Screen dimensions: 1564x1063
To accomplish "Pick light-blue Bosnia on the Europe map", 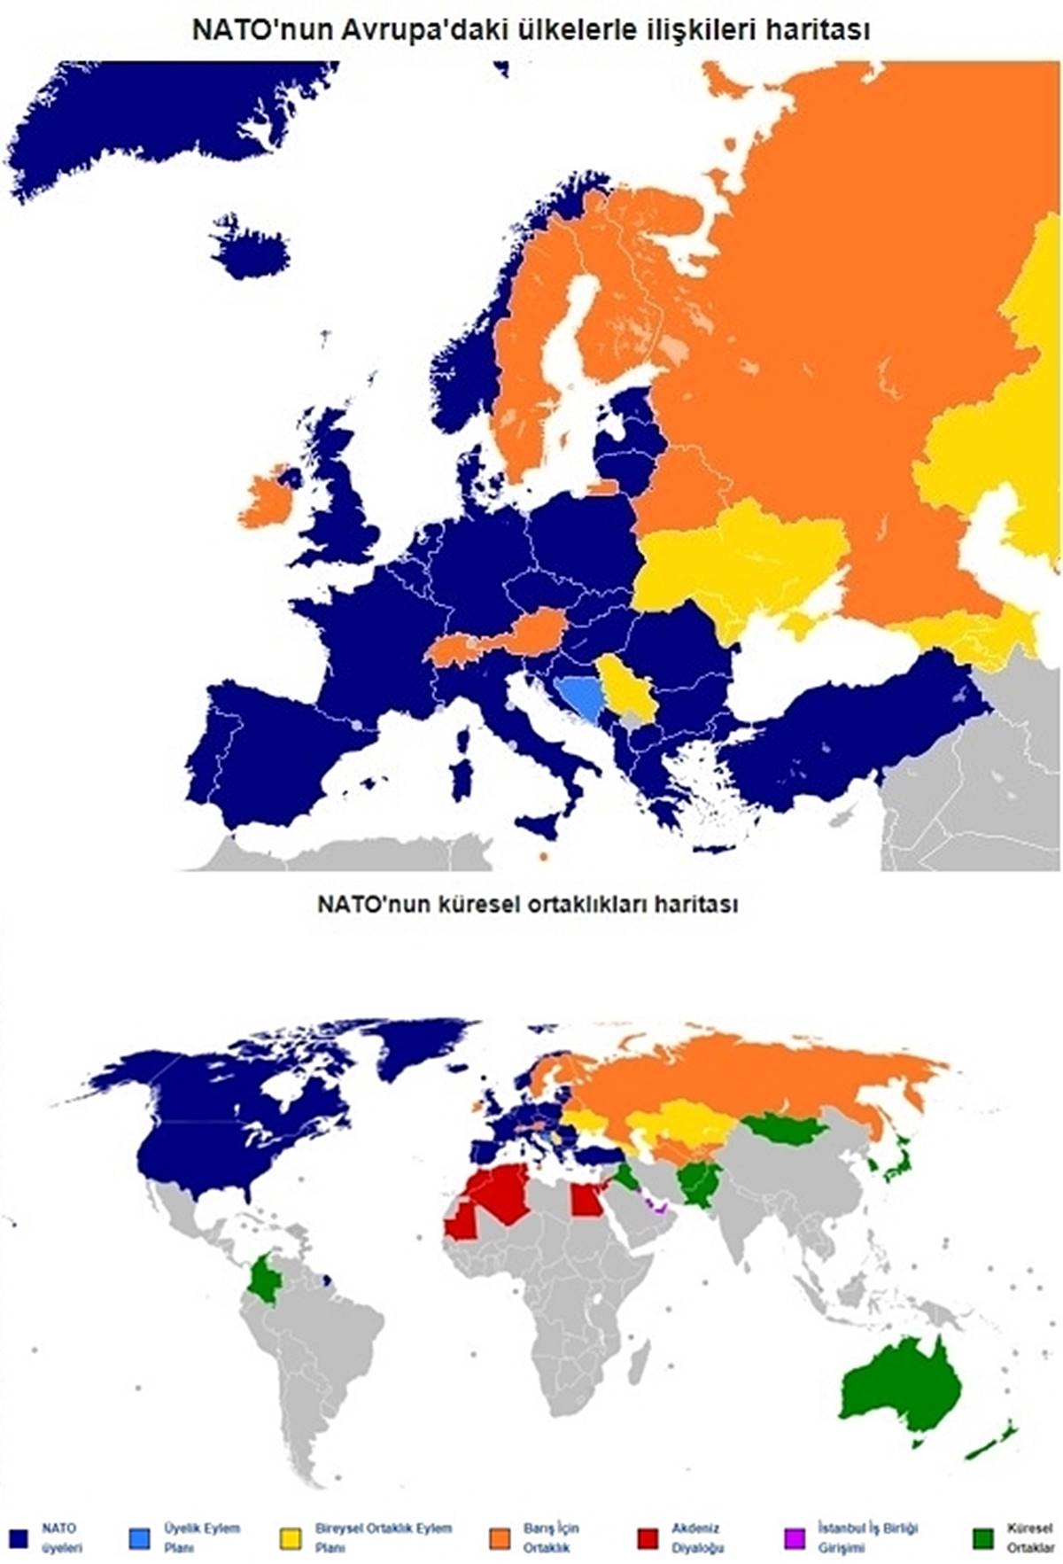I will (580, 696).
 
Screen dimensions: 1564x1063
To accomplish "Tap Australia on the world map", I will (899, 1391).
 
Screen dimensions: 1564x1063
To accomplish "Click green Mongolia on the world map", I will (784, 1129).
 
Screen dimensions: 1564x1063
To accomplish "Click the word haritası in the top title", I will (822, 31).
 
